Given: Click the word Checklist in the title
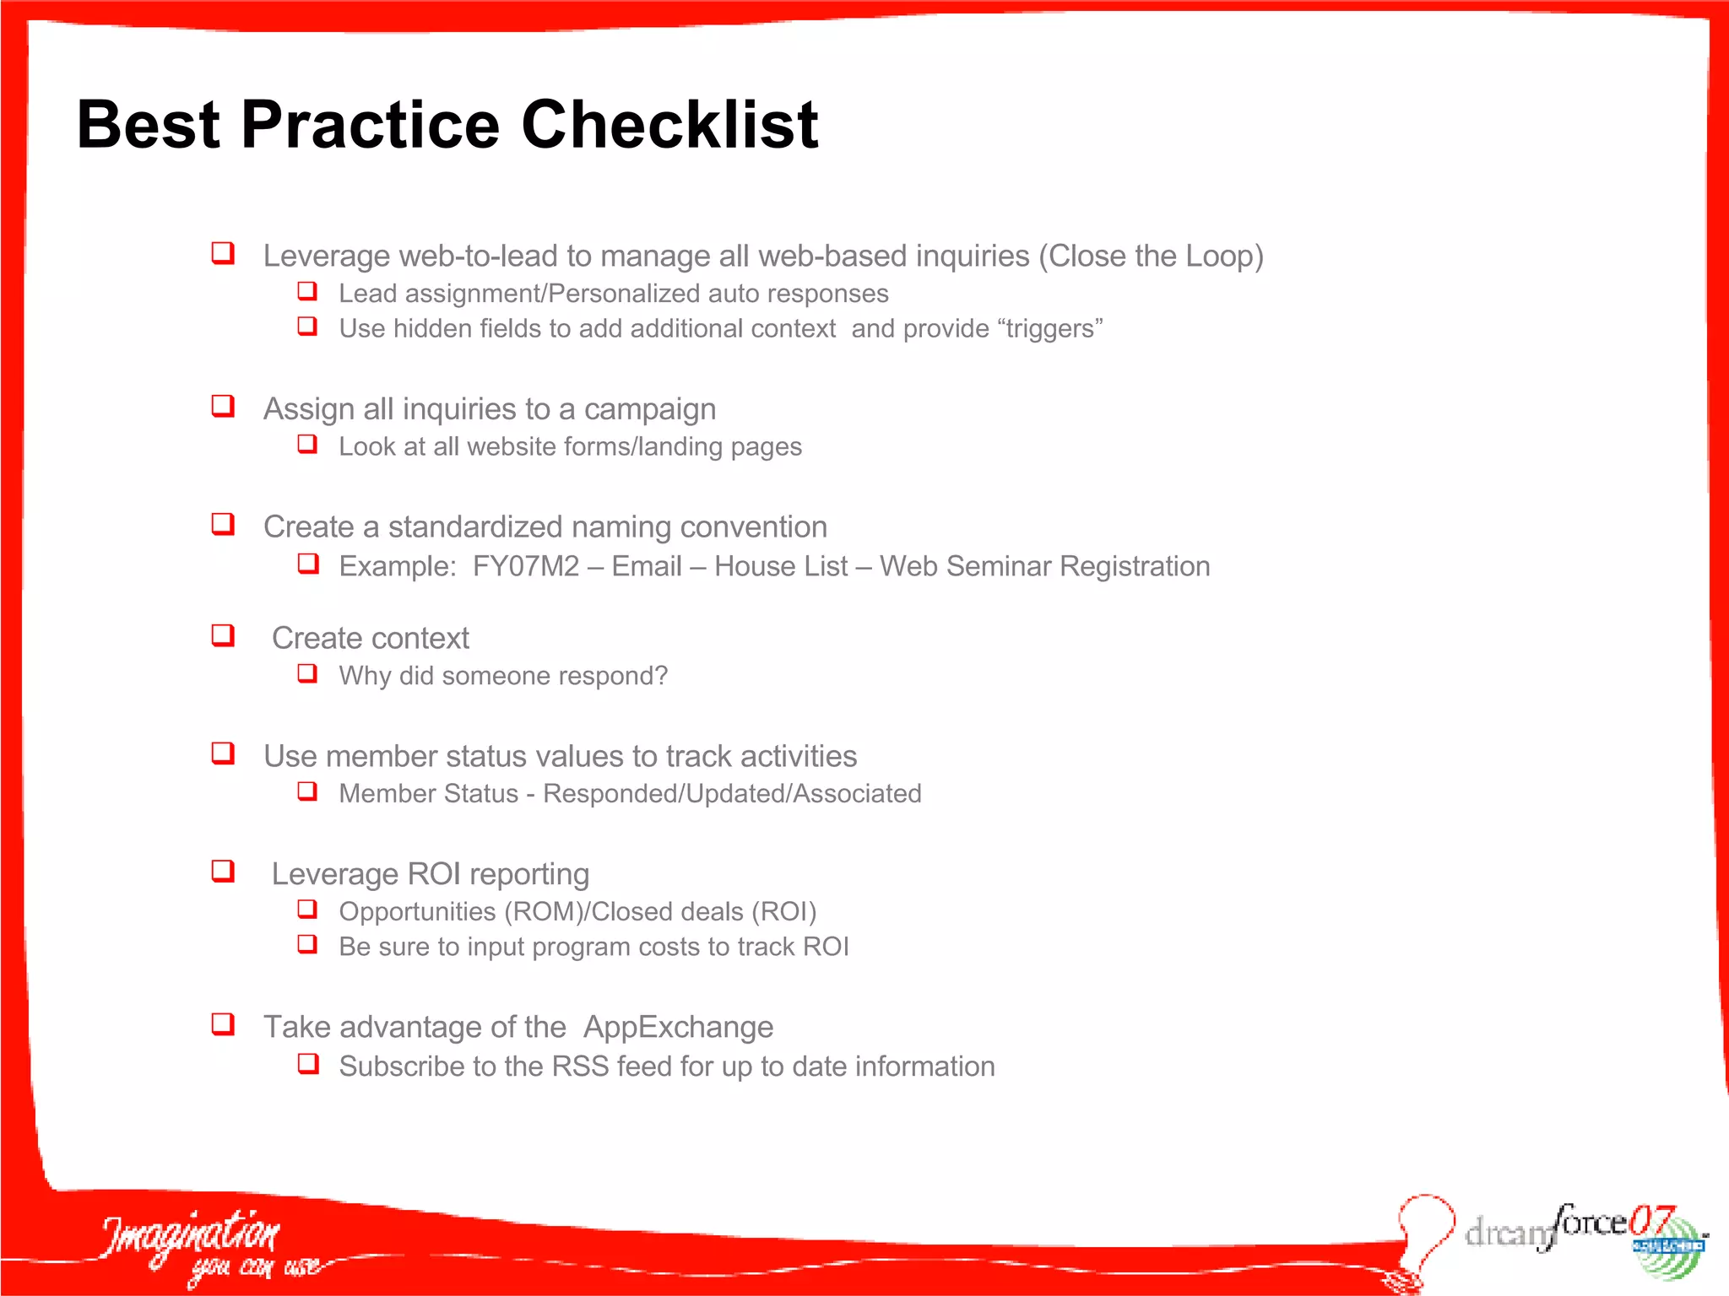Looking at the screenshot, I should (x=669, y=125).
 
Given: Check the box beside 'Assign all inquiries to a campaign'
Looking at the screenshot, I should (x=223, y=406).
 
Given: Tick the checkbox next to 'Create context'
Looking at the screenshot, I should (x=223, y=635).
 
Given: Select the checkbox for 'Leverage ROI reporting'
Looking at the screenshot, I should (x=223, y=871).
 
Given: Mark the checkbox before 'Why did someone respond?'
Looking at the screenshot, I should (x=307, y=673).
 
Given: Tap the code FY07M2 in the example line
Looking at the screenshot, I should (x=526, y=566).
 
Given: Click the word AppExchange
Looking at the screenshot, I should (x=678, y=1027).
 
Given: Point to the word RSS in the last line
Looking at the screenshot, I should (x=580, y=1066).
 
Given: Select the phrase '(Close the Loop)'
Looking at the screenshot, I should (x=1151, y=256).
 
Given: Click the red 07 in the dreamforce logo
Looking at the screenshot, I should (x=1652, y=1220).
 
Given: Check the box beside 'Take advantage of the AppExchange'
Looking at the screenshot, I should (x=223, y=1024).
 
